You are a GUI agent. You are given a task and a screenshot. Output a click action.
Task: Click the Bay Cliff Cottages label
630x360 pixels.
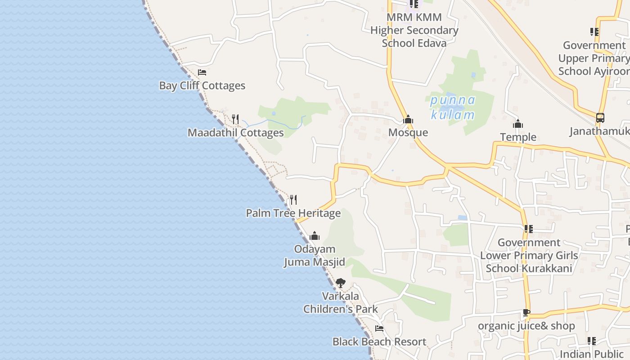(202, 85)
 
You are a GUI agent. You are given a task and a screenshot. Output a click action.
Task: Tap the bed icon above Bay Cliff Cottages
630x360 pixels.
(202, 72)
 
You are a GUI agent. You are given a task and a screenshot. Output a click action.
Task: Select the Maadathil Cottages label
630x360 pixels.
(235, 133)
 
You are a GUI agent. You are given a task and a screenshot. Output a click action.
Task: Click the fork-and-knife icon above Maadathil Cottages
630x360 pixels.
(235, 119)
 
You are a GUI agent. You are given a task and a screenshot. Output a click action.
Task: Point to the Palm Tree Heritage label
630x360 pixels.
(293, 213)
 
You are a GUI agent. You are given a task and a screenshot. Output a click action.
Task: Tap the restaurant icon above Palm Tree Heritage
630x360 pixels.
(293, 199)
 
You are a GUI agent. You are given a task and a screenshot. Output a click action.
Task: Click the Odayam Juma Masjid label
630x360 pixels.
(315, 256)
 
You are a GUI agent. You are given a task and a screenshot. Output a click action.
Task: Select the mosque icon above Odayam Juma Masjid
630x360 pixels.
(315, 236)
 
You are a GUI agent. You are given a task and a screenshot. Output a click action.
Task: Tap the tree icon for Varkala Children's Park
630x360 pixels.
(340, 283)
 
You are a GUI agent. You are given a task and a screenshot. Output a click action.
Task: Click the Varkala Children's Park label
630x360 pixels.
(340, 302)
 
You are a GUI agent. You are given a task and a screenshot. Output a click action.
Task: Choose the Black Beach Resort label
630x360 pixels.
(379, 342)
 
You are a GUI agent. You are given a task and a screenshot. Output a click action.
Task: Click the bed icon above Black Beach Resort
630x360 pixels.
(379, 328)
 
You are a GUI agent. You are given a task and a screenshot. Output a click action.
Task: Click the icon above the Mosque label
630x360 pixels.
(408, 120)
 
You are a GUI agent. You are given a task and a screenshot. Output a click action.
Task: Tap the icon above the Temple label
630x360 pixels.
(518, 124)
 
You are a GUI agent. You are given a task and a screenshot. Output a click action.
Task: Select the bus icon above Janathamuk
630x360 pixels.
(600, 118)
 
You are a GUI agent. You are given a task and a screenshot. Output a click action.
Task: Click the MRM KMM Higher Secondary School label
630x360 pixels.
(414, 30)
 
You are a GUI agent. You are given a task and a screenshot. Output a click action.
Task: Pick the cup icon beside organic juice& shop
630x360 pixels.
(526, 313)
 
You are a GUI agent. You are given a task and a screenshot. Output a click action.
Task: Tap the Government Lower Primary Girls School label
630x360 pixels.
(529, 256)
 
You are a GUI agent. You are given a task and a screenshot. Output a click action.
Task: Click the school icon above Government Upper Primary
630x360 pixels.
(594, 32)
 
